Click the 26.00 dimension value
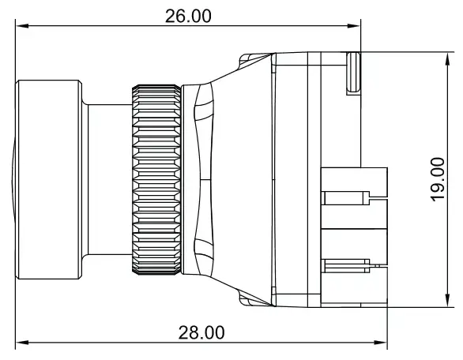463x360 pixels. click(188, 16)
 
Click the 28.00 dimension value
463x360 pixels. click(201, 332)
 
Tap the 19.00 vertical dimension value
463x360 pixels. click(438, 180)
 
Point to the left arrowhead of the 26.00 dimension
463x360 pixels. click(22, 26)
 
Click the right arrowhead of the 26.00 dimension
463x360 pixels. click(354, 26)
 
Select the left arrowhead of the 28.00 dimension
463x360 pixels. click(22, 343)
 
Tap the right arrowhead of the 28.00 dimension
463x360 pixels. click(380, 343)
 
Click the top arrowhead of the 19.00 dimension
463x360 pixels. click(448, 59)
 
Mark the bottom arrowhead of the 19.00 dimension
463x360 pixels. click(448, 300)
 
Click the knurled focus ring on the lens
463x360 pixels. click(156, 180)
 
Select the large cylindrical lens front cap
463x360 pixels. click(49, 179)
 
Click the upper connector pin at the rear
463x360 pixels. click(345, 198)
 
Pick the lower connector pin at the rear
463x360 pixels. click(345, 266)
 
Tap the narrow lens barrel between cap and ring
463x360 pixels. click(110, 179)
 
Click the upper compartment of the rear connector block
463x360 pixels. click(354, 198)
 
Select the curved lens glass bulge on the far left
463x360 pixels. click(13, 179)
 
